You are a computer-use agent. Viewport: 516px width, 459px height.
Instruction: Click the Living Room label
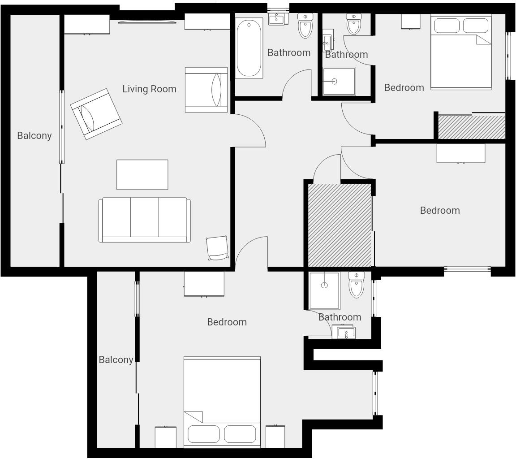[149, 89]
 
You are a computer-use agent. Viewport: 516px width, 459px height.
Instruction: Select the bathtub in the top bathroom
[249, 48]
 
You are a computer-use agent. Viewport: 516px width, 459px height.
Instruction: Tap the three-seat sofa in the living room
[144, 220]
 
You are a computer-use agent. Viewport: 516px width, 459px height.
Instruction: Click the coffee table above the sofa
[142, 174]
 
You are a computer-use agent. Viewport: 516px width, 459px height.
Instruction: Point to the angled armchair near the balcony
[96, 114]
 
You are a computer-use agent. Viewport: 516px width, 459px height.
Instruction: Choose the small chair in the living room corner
[217, 248]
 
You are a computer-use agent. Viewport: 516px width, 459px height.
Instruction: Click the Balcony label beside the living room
[34, 135]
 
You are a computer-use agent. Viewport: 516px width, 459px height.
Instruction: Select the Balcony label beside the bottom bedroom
[116, 359]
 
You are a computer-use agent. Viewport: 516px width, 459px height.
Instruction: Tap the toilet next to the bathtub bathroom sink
[305, 26]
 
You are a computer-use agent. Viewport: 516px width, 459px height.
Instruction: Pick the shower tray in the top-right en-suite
[339, 81]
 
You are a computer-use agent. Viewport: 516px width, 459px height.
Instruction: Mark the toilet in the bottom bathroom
[357, 285]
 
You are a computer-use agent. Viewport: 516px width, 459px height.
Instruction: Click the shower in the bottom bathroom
[324, 290]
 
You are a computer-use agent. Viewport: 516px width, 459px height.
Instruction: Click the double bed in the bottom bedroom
[222, 402]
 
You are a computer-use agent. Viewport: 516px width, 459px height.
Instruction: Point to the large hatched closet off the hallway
[340, 225]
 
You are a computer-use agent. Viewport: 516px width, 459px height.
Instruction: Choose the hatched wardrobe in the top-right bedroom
[471, 127]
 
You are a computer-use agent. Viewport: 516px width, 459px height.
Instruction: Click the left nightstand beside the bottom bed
[165, 437]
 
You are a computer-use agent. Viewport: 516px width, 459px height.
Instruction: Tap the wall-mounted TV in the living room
[147, 22]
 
